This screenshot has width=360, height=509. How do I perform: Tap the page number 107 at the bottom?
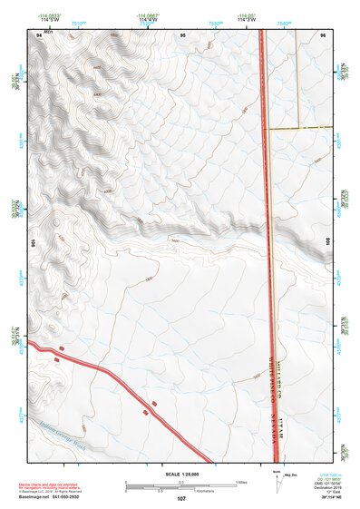pyautogui.click(x=180, y=498)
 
